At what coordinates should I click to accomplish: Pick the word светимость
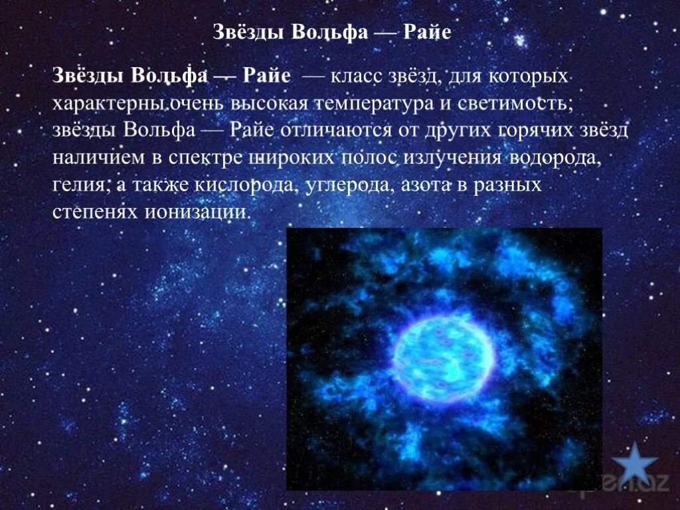click(x=527, y=104)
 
